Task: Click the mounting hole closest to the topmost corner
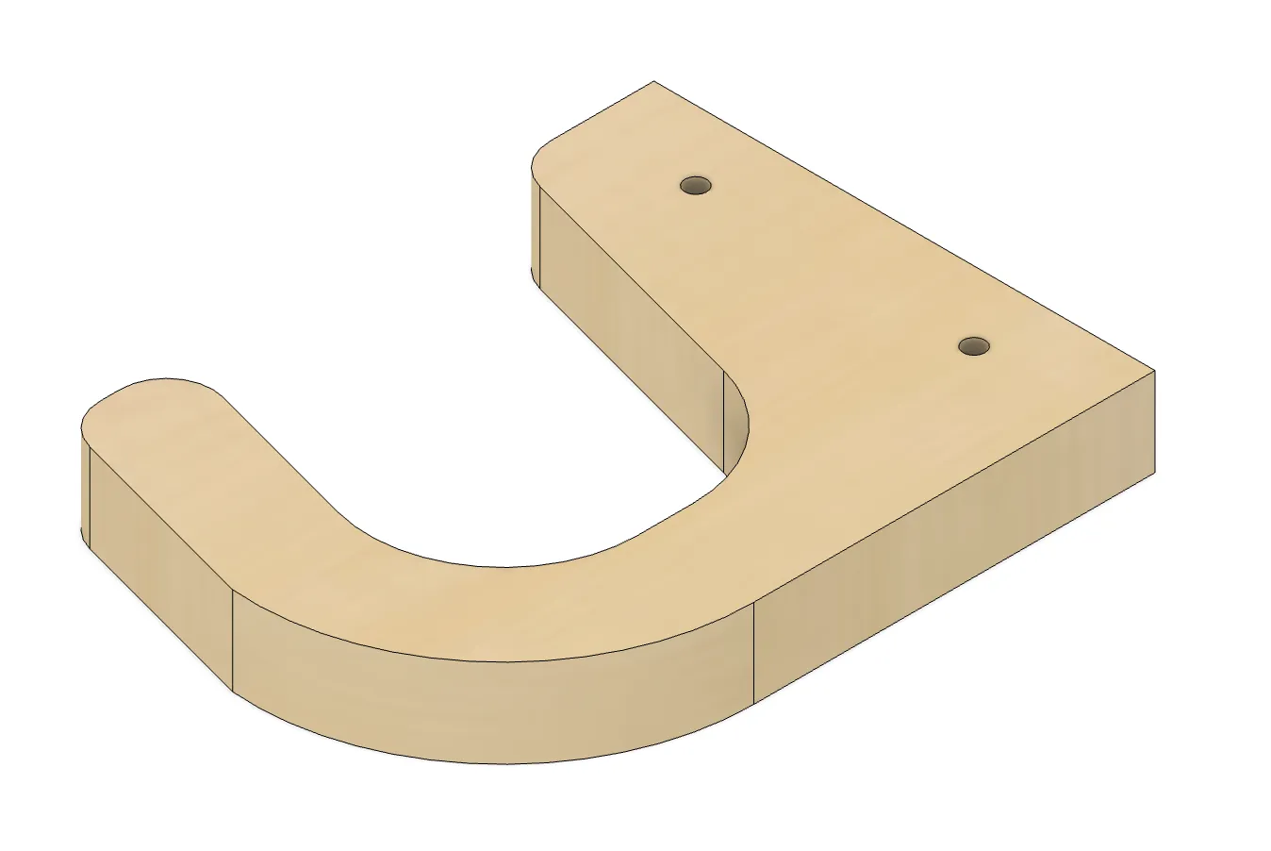696,185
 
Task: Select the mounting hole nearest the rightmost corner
974,345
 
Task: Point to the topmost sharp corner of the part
653,81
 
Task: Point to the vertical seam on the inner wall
723,415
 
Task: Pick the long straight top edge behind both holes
905,226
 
